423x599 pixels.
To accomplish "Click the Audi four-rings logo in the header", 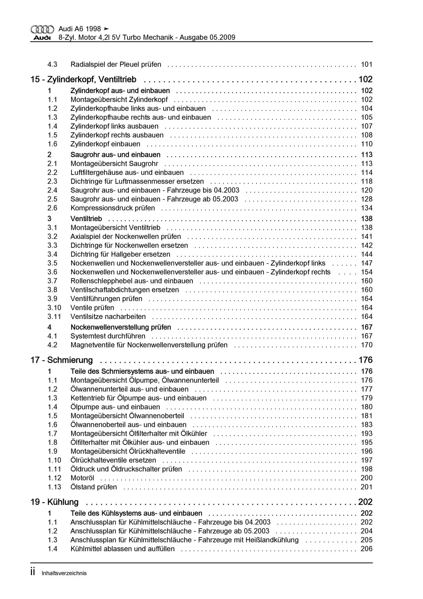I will click(x=42, y=29).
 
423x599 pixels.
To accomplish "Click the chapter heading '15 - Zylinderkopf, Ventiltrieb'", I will click(x=83, y=80).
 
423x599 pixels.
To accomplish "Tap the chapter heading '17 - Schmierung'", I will click(x=61, y=360).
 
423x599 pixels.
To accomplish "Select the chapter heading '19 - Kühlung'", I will click(x=54, y=502).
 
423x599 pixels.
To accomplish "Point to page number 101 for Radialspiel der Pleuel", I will click(x=367, y=65).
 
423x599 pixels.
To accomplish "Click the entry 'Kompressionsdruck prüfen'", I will click(x=113, y=208).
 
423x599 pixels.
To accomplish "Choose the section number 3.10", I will click(x=54, y=308).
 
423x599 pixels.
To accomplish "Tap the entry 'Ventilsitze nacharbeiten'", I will click(x=108, y=317).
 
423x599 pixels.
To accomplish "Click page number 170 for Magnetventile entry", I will click(x=367, y=345).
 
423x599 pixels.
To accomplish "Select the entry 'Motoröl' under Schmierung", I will click(x=82, y=478).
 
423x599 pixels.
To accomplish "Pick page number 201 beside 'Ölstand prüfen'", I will click(x=367, y=487).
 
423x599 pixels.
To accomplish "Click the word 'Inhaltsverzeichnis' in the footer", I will click(x=64, y=573).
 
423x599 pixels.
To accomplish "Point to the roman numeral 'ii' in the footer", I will click(x=33, y=572).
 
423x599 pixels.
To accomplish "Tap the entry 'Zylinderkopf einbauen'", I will click(x=105, y=144).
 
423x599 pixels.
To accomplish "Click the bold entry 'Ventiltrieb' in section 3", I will click(x=86, y=219).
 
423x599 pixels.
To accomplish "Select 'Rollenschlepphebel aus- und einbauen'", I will click(x=132, y=281).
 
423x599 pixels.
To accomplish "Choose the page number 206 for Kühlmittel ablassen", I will click(x=367, y=549).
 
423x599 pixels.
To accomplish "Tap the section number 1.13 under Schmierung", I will click(x=54, y=487).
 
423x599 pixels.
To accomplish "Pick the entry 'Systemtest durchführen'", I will click(x=108, y=336).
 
